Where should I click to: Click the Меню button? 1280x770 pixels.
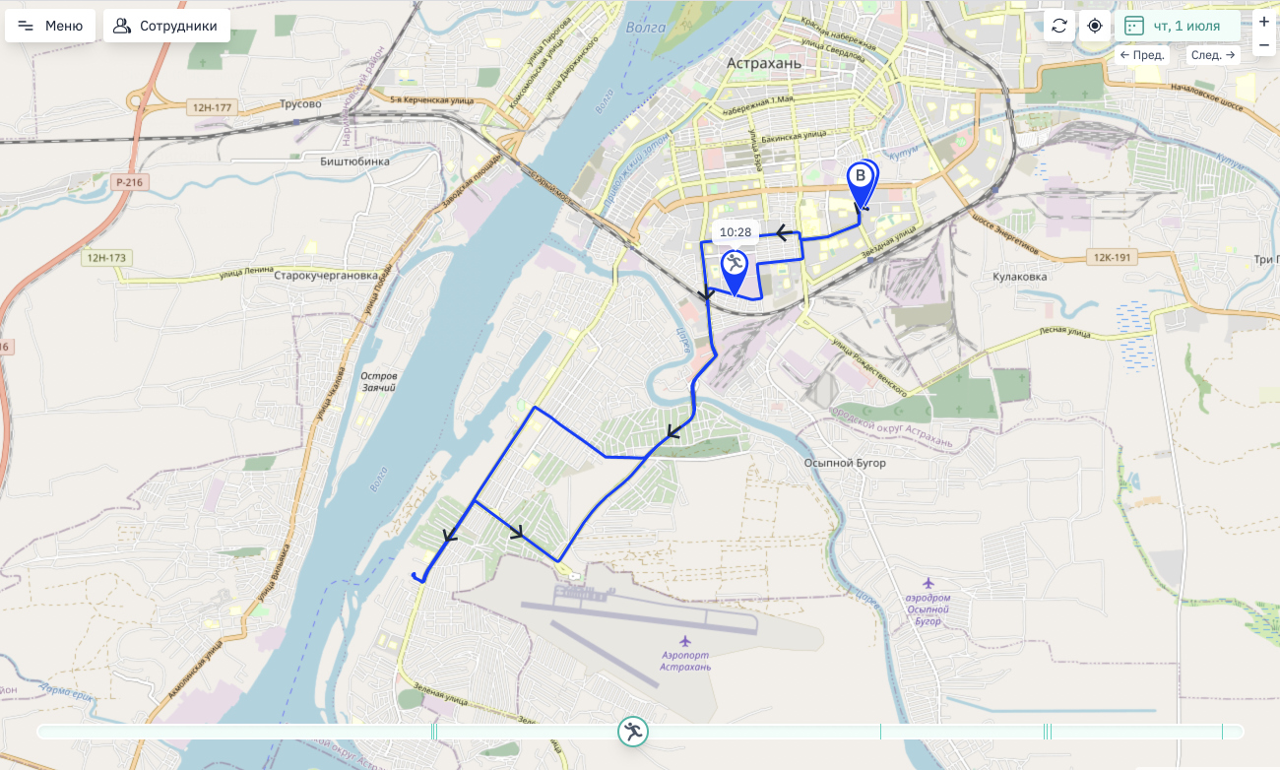pos(50,26)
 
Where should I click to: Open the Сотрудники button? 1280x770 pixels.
pos(166,26)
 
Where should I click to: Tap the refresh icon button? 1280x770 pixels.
pos(1059,26)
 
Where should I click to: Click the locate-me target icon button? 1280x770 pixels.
pos(1094,26)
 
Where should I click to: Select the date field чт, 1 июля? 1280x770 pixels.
pos(1174,26)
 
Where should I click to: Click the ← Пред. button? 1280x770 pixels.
pos(1142,55)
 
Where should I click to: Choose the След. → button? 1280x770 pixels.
pos(1212,55)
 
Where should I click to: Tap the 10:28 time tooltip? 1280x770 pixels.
pos(736,232)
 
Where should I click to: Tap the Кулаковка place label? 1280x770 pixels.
pos(1020,277)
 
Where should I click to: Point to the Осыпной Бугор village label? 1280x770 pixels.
pos(845,463)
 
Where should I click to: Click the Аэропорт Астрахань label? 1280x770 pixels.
pos(686,661)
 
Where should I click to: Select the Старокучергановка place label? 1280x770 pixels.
pos(326,276)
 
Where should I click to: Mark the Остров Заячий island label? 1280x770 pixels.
pos(378,382)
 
